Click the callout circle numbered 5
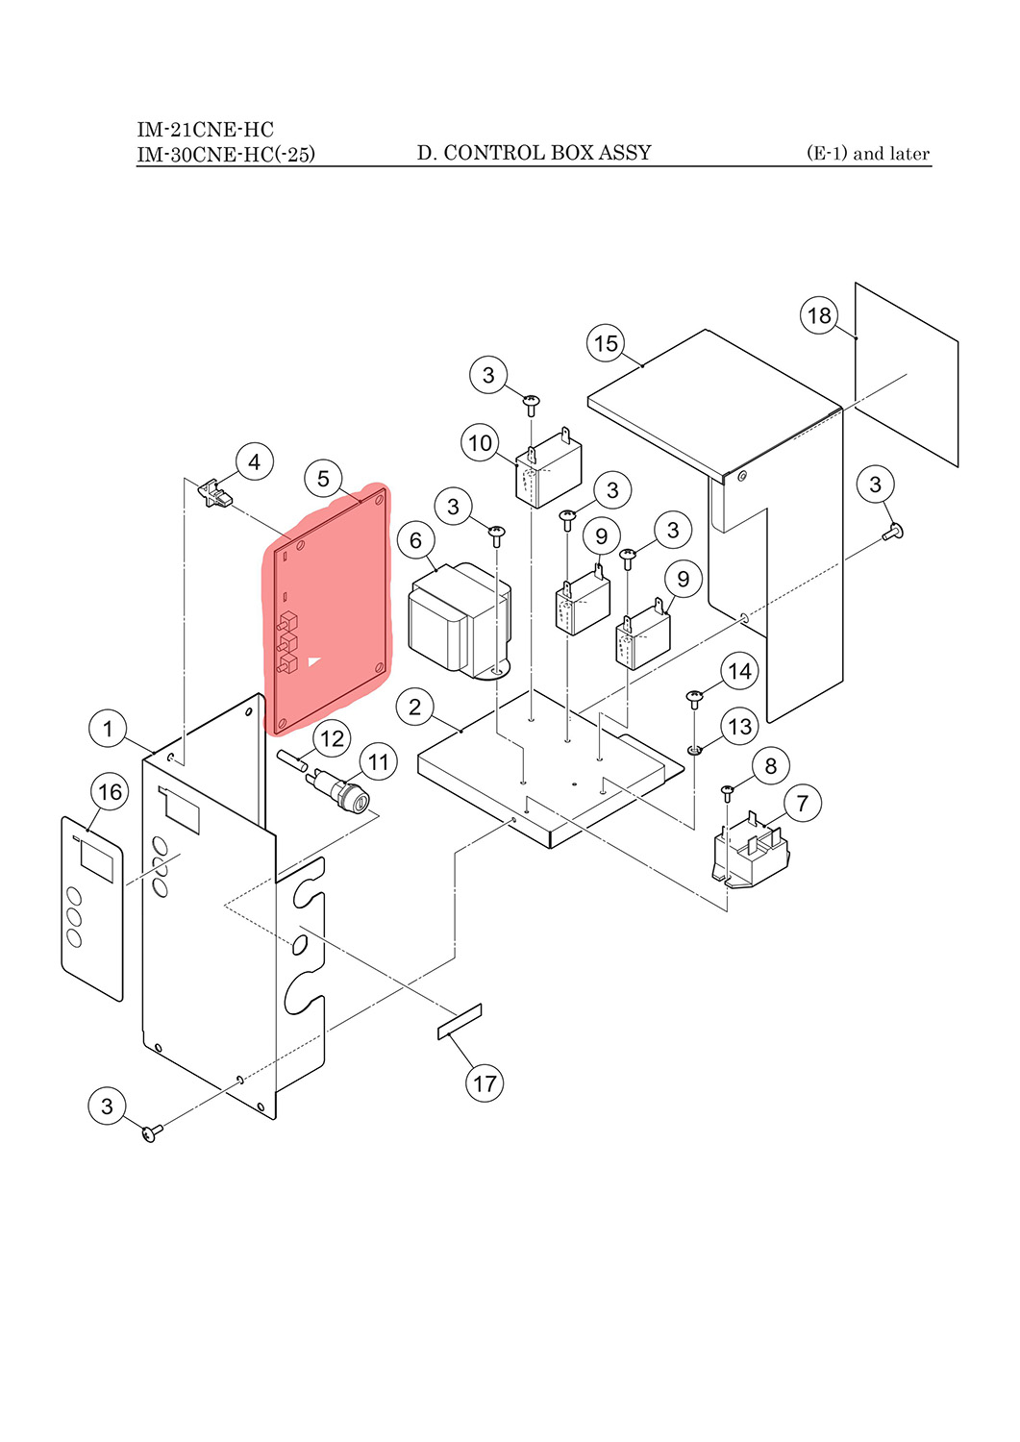323,479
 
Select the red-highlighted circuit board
327,609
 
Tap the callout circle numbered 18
819,315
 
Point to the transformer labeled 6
460,619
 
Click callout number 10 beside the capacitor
481,443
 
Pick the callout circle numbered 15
606,343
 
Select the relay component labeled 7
751,850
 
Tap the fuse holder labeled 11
341,789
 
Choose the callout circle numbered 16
111,792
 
